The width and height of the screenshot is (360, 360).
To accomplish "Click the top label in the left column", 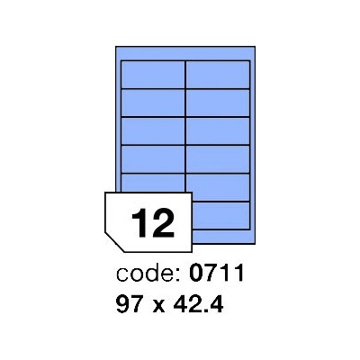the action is [153, 75].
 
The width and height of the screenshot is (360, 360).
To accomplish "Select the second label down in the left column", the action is [153, 103].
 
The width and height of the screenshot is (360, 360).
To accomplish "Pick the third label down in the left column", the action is [153, 130].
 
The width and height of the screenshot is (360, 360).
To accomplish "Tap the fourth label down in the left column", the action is [153, 159].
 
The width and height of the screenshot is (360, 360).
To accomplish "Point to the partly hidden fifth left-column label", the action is [153, 183].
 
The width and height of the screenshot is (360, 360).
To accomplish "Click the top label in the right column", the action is [218, 75].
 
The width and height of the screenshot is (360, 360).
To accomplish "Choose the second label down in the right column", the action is [218, 103].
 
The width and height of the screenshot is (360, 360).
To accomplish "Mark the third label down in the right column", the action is [218, 130].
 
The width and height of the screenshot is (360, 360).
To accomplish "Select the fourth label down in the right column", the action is [218, 159].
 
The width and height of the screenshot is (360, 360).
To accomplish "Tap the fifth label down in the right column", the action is [218, 187].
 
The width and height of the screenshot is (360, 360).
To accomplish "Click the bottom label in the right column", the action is [221, 215].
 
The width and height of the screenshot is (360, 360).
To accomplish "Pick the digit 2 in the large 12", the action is [164, 223].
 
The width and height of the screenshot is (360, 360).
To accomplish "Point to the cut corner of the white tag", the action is [114, 242].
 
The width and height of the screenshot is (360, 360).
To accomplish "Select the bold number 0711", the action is [217, 274].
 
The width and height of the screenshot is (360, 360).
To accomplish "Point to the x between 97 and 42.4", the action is [158, 307].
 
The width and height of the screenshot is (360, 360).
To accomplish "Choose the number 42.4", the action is [198, 304].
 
